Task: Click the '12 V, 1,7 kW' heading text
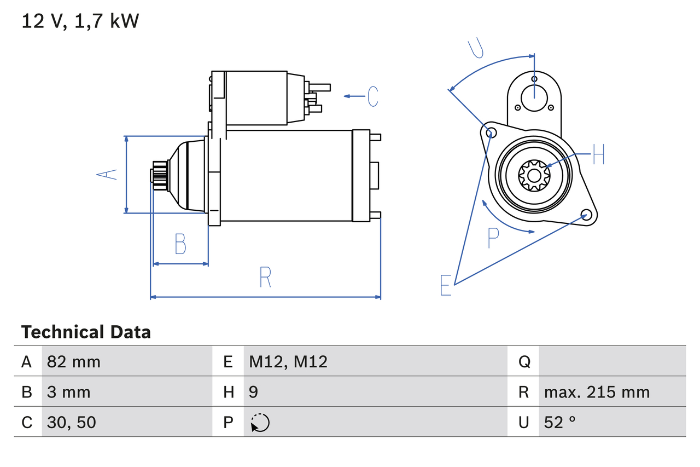pyautogui.click(x=80, y=21)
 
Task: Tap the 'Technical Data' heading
pyautogui.click(x=86, y=332)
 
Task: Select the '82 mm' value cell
pyautogui.click(x=74, y=361)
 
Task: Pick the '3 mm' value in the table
pyautogui.click(x=69, y=392)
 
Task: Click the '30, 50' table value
pyautogui.click(x=72, y=422)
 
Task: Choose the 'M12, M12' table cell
pyautogui.click(x=288, y=361)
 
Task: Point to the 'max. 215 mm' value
pyautogui.click(x=597, y=392)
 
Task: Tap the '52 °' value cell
pyautogui.click(x=560, y=422)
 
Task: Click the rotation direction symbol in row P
pyautogui.click(x=260, y=423)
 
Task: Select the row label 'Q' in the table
pyautogui.click(x=524, y=361)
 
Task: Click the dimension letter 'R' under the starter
pyautogui.click(x=265, y=278)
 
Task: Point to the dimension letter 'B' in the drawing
pyautogui.click(x=180, y=244)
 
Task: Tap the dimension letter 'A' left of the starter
pyautogui.click(x=107, y=175)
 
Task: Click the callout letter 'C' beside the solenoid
pyautogui.click(x=372, y=96)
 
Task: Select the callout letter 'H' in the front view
pyautogui.click(x=598, y=155)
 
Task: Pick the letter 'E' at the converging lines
pyautogui.click(x=446, y=285)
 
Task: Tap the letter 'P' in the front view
pyautogui.click(x=493, y=238)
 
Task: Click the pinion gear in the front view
pyautogui.click(x=534, y=175)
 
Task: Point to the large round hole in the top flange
pyautogui.click(x=534, y=97)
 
